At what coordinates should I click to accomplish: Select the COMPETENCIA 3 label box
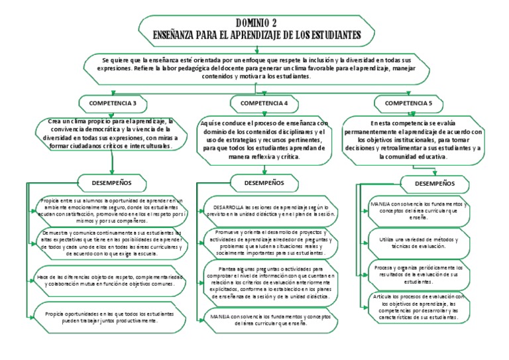coord(117,103)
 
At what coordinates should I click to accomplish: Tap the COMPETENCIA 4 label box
coord(264,103)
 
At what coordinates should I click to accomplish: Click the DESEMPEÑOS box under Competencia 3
coord(109,182)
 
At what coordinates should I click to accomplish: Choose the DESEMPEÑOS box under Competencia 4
coord(264,182)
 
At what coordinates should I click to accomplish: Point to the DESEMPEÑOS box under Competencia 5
coord(434,182)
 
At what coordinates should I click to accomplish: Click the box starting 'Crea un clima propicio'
coord(110,133)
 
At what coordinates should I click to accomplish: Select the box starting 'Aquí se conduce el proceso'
coord(264,140)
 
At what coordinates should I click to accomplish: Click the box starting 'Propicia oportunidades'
coord(110,316)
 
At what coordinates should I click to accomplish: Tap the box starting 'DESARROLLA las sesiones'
coord(270,211)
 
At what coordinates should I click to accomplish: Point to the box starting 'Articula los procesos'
coord(421,308)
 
